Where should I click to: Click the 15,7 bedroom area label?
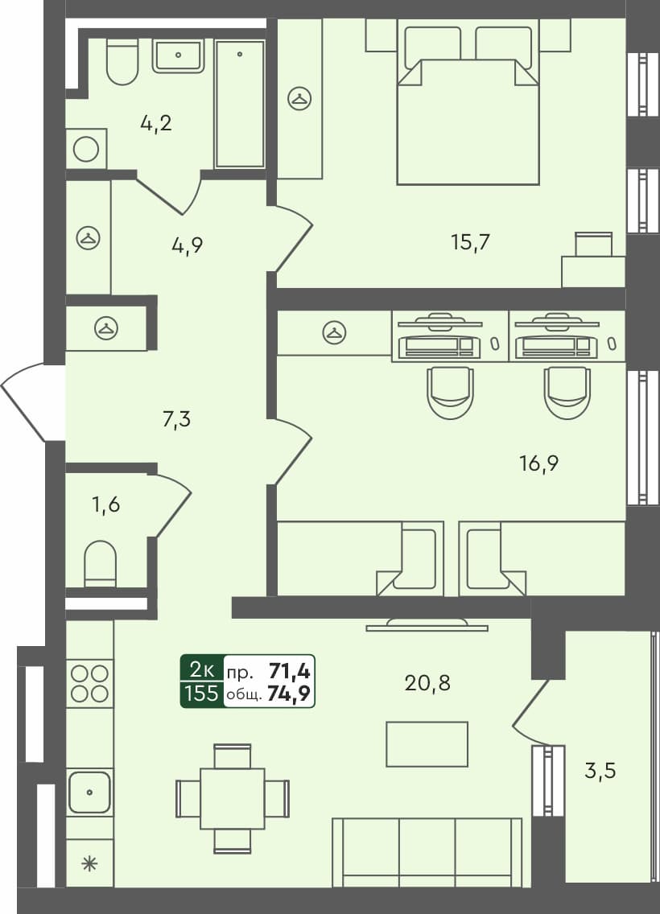tap(471, 241)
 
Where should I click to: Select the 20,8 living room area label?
tap(427, 683)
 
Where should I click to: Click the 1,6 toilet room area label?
tap(106, 506)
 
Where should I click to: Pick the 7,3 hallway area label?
tap(177, 419)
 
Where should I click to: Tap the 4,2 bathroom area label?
tap(156, 124)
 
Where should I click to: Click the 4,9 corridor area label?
tap(187, 245)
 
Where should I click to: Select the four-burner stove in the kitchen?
tap(89, 682)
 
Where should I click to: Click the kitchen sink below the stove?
tap(89, 792)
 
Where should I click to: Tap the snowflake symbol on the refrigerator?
tap(89, 864)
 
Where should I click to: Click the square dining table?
tap(232, 798)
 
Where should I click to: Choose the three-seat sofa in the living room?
tap(427, 851)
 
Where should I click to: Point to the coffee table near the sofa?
tap(427, 744)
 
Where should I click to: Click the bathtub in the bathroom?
tap(240, 103)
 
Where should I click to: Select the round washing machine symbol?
tap(86, 149)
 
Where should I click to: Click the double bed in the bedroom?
tap(467, 113)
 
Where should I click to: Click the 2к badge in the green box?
tap(201, 669)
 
